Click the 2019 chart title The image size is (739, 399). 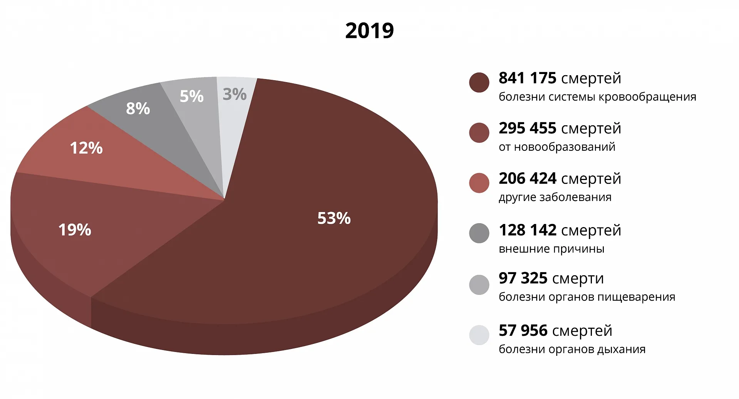click(x=369, y=31)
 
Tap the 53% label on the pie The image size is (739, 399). click(x=334, y=218)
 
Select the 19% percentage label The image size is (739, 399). click(x=75, y=230)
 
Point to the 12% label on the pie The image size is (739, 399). click(x=86, y=148)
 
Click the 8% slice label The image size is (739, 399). click(x=138, y=109)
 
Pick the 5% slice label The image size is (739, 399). click(x=191, y=96)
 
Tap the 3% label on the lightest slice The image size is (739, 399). click(x=235, y=94)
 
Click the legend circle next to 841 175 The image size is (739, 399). click(x=479, y=82)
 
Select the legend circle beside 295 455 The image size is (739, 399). click(x=479, y=133)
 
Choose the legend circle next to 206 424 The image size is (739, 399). click(x=479, y=183)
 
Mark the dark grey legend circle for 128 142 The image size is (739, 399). click(x=479, y=233)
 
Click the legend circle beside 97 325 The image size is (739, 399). click(x=479, y=285)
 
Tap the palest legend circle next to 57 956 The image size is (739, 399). click(x=479, y=335)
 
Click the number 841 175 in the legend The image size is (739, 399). click(x=527, y=78)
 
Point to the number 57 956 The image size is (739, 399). click(x=523, y=331)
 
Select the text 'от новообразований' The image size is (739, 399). click(x=557, y=147)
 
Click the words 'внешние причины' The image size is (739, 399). click(x=551, y=249)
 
